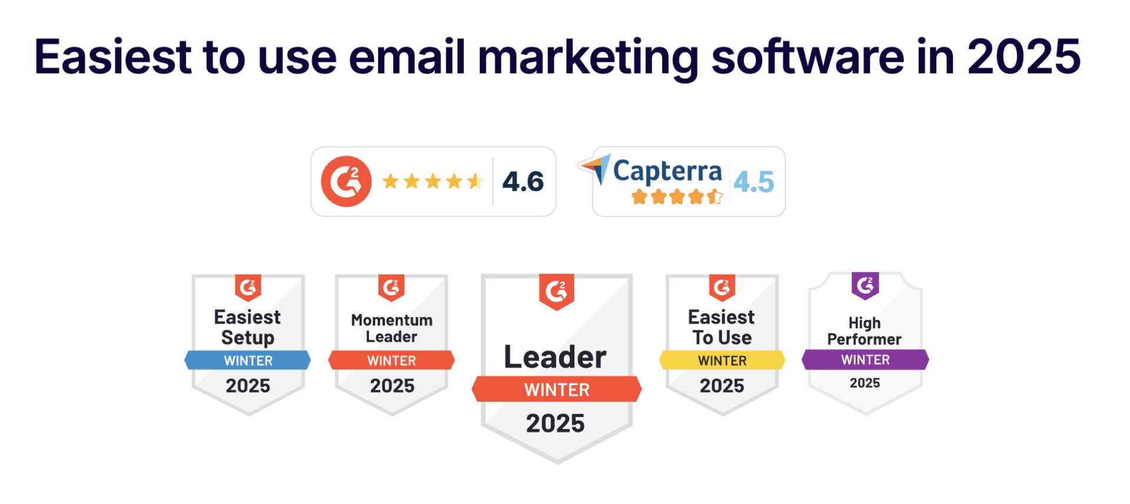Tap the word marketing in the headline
coord(588,59)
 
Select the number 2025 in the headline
coord(1023,56)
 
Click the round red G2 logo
coord(346,181)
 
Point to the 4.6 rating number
coord(523,181)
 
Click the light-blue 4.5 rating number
coord(754,182)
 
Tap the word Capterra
coord(667,171)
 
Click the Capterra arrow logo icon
coord(594,169)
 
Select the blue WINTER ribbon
coord(248,360)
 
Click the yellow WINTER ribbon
coord(722,360)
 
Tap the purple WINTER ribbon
coord(865,359)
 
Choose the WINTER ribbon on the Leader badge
coord(557,389)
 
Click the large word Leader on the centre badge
coord(555,357)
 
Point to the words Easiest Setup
coord(247,327)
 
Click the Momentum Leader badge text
coord(391,328)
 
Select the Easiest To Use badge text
coord(722,327)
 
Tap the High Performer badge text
coord(864,331)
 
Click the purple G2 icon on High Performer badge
coord(865,286)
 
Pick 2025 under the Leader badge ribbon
coord(556,423)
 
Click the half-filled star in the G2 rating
coord(476,181)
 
